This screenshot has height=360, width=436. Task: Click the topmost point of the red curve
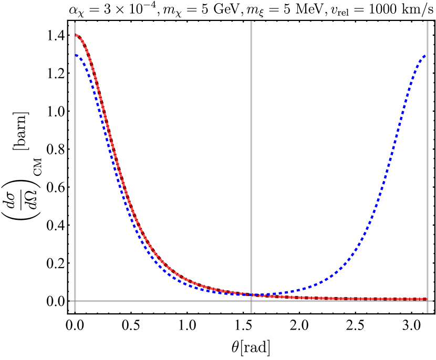pyautogui.click(x=77, y=35)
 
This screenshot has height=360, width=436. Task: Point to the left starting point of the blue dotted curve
pyautogui.click(x=76, y=55)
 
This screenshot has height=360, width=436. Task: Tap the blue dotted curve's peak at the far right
pyautogui.click(x=425, y=55)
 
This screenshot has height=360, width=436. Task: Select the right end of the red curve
pyautogui.click(x=426, y=299)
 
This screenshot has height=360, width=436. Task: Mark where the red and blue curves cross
pyautogui.click(x=251, y=295)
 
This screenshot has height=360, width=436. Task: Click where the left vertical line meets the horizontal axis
pyautogui.click(x=75, y=301)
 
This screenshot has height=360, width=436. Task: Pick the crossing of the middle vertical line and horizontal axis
pyautogui.click(x=251, y=301)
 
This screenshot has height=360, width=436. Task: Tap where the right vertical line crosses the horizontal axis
pyautogui.click(x=428, y=301)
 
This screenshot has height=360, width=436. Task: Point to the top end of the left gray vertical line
pyautogui.click(x=75, y=22)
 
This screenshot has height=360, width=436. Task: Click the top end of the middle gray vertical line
pyautogui.click(x=251, y=22)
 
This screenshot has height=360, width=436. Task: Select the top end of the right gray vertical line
pyautogui.click(x=428, y=22)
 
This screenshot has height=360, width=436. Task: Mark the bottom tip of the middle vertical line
pyautogui.click(x=251, y=313)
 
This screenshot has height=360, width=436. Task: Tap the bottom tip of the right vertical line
pyautogui.click(x=428, y=313)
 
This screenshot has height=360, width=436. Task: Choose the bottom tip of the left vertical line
pyautogui.click(x=75, y=313)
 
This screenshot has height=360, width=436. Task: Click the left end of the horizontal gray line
pyautogui.click(x=69, y=301)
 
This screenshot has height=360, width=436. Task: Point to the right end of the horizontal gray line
pyautogui.click(x=433, y=301)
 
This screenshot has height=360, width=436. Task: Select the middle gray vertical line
pyautogui.click(x=251, y=157)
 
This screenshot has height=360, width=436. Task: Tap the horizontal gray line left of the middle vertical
pyautogui.click(x=163, y=301)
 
